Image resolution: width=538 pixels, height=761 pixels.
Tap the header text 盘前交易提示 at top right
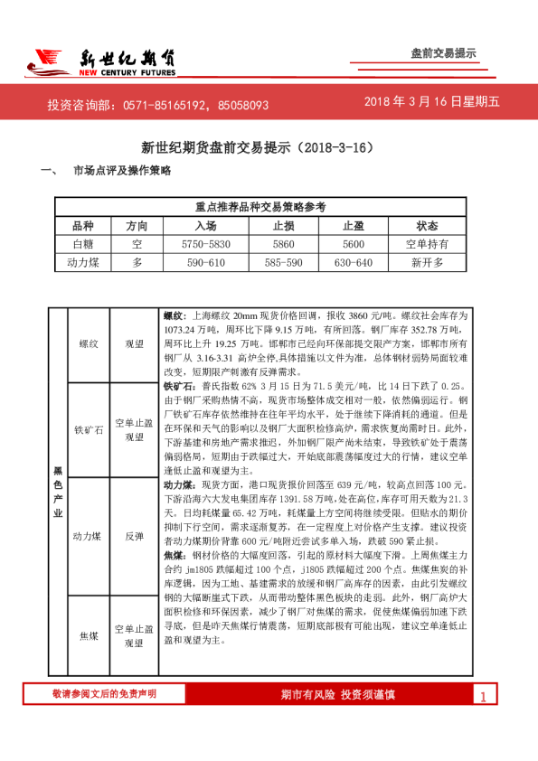coord(443,53)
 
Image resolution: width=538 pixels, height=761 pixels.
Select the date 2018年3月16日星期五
coord(431,102)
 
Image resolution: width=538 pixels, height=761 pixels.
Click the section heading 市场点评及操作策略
coord(121,171)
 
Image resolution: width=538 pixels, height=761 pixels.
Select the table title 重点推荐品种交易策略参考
coord(260,208)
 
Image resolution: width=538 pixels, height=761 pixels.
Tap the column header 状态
coord(427,226)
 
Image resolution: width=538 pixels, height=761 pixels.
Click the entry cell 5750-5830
coord(206,244)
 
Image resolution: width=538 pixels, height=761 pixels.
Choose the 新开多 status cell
coord(427,262)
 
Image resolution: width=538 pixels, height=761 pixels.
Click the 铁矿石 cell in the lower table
coord(89,429)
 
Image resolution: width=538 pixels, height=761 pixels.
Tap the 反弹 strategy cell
coord(135,536)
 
